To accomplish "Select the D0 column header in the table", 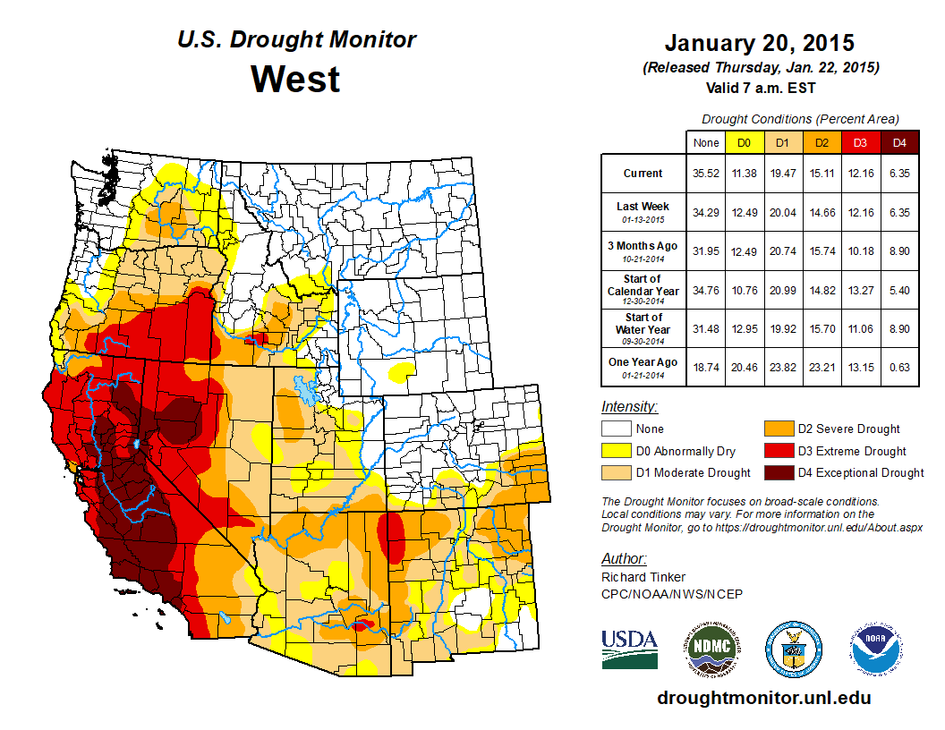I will [743, 142].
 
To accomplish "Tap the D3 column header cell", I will [860, 142].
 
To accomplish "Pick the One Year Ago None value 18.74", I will [704, 361].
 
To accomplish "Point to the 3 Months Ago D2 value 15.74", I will [822, 251].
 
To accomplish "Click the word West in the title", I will [295, 79].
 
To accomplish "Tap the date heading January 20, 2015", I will [760, 43].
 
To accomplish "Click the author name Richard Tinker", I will [643, 577].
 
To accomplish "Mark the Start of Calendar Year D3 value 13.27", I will [860, 291].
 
